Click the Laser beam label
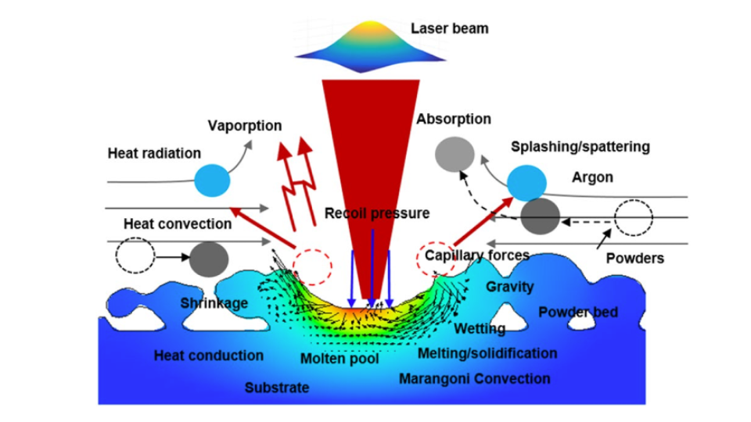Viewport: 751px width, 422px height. click(x=449, y=29)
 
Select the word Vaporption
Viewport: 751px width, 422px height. click(x=245, y=126)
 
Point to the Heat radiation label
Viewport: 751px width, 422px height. click(x=154, y=153)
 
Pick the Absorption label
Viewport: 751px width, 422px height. click(x=454, y=120)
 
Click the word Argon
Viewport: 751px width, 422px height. click(x=592, y=177)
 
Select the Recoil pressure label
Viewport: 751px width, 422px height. click(x=377, y=213)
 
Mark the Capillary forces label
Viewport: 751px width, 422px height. click(x=477, y=255)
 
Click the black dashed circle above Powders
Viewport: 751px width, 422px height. click(x=633, y=218)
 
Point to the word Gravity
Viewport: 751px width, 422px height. click(x=509, y=287)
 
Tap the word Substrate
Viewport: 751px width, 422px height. click(x=277, y=387)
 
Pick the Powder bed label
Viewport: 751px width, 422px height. click(x=578, y=313)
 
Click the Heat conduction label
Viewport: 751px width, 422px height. click(x=209, y=356)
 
